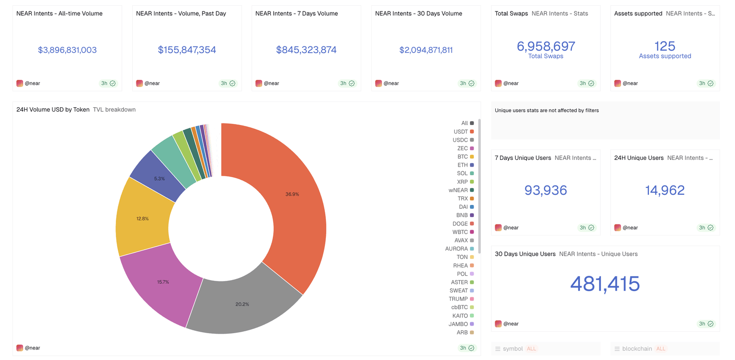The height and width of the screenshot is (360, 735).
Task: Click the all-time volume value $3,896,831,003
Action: tap(67, 50)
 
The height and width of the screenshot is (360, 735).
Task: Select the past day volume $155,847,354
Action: tap(187, 50)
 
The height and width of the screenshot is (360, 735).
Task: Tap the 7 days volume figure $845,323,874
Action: tap(306, 50)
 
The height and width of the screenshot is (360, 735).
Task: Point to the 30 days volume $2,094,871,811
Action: tap(426, 50)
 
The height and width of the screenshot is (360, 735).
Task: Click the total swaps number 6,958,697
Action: tap(546, 46)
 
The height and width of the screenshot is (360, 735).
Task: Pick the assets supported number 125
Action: tap(665, 46)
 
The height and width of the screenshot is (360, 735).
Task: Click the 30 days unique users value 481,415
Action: tap(605, 284)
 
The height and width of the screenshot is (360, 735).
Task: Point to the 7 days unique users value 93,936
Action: tap(546, 191)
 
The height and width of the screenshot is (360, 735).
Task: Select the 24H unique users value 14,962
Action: tap(665, 191)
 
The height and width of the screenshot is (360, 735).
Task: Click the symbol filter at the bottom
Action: tap(513, 349)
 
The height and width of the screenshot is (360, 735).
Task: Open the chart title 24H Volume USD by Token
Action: tap(53, 110)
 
